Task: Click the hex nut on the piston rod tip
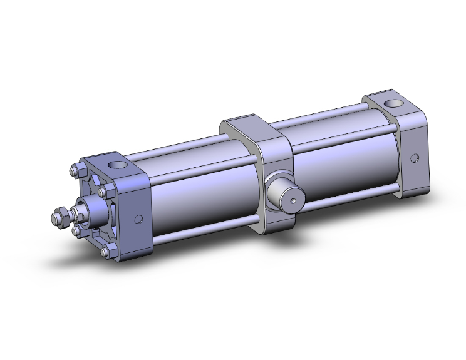[x=61, y=217]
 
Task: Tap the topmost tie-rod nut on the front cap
[x=73, y=170]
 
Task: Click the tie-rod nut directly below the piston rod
[x=77, y=232]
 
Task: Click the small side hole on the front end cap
[x=138, y=219]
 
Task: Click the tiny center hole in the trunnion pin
[x=294, y=202]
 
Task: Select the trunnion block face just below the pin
[x=276, y=219]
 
